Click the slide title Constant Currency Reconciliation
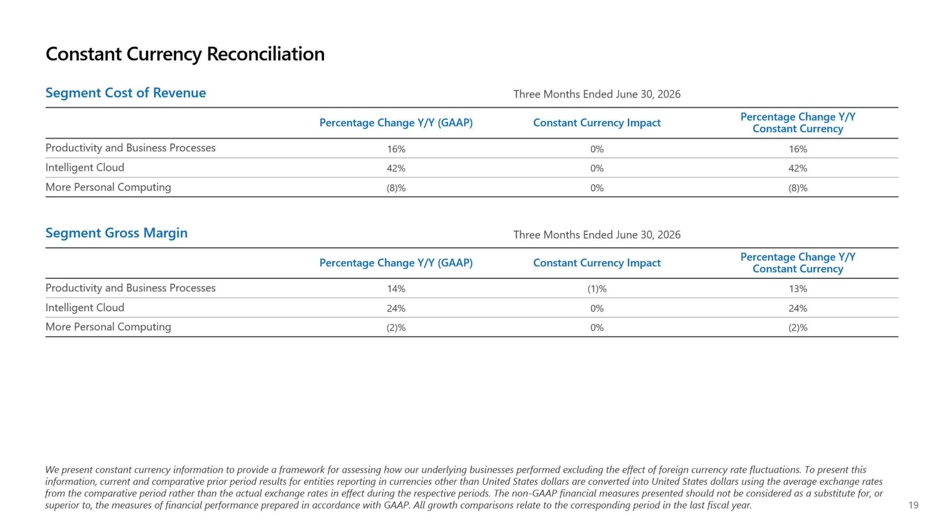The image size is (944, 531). [185, 54]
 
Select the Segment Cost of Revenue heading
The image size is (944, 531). [126, 93]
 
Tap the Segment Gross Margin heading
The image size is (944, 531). [116, 233]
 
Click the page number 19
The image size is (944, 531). [913, 505]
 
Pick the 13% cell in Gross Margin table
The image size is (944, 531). [798, 289]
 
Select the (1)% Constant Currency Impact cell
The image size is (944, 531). [597, 289]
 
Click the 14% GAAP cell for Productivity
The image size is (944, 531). [396, 289]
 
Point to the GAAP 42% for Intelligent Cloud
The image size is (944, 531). [396, 168]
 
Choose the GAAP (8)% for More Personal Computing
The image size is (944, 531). [396, 188]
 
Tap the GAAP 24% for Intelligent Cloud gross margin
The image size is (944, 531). [396, 308]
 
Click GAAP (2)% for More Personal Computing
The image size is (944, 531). [396, 327]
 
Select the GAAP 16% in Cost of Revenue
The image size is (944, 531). [396, 149]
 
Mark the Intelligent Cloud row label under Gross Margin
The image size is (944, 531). [85, 308]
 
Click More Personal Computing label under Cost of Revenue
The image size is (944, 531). [108, 187]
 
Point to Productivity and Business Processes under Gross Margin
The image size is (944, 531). [131, 288]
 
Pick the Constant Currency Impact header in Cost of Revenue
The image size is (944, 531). [597, 123]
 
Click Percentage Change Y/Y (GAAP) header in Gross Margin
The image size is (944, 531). [396, 263]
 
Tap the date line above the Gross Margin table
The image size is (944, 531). [597, 235]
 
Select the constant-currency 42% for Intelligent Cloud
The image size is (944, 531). [798, 168]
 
